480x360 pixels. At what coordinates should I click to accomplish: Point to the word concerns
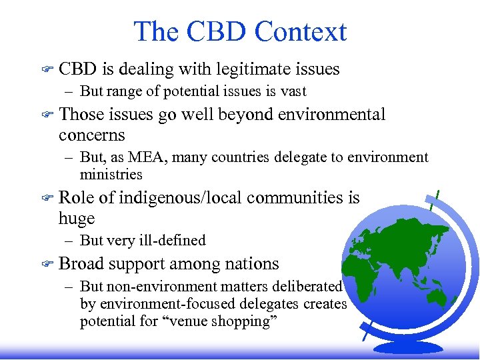pyautogui.click(x=91, y=135)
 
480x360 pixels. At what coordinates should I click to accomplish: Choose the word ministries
pyautogui.click(x=111, y=175)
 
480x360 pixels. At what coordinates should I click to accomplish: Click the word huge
pyautogui.click(x=77, y=218)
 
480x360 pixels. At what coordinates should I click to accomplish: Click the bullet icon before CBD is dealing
pyautogui.click(x=47, y=69)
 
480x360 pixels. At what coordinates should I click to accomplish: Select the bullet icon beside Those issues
pyautogui.click(x=47, y=115)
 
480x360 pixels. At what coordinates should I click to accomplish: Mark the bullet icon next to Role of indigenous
pyautogui.click(x=47, y=198)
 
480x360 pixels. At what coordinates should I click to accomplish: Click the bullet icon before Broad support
pyautogui.click(x=47, y=264)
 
